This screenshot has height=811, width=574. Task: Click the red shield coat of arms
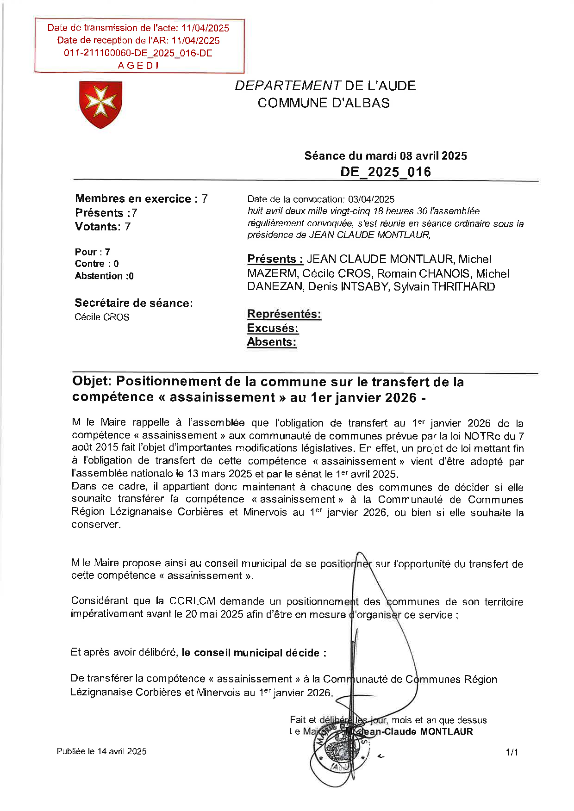[100, 104]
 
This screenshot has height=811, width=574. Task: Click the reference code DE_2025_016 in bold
[386, 172]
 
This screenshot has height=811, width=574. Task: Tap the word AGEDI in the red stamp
[138, 66]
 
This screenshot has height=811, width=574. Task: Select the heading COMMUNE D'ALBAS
[324, 103]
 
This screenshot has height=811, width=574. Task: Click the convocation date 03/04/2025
[371, 199]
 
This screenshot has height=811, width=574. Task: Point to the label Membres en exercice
[133, 199]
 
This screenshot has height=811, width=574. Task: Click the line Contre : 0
[97, 264]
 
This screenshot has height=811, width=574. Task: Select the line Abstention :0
[104, 276]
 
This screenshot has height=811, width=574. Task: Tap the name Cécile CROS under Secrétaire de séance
[102, 317]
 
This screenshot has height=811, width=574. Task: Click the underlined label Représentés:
[284, 314]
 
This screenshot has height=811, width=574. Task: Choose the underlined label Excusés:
[273, 328]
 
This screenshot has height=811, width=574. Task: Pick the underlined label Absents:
[271, 342]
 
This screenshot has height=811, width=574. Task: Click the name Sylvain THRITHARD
[444, 287]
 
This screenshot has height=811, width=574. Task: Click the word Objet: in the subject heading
[92, 382]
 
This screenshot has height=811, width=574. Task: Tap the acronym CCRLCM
[192, 601]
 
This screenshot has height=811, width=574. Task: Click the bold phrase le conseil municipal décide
[254, 653]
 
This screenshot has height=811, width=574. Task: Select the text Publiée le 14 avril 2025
[101, 751]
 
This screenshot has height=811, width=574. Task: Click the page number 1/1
[512, 753]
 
